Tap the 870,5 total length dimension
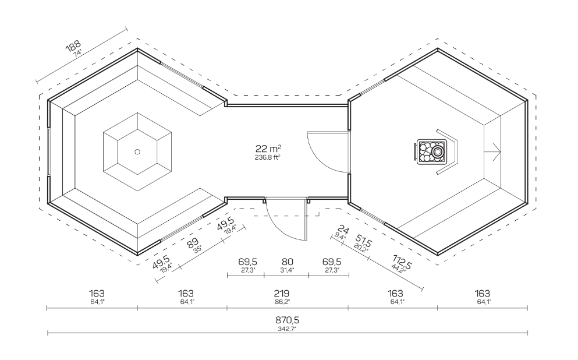point(287,319)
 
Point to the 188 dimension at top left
point(73,47)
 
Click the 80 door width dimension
point(287,262)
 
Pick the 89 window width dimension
point(192,243)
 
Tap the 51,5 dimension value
point(364,241)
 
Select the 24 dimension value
point(343,230)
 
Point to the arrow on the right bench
point(492,152)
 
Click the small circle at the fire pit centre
point(137,151)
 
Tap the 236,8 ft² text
point(268,157)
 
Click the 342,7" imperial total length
point(287,329)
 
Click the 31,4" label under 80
point(287,270)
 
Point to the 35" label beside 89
point(197,249)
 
